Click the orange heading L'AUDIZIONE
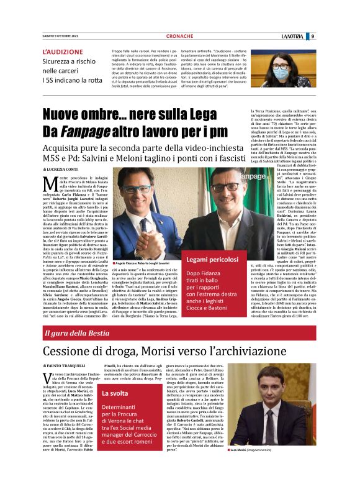pos(63,52)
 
